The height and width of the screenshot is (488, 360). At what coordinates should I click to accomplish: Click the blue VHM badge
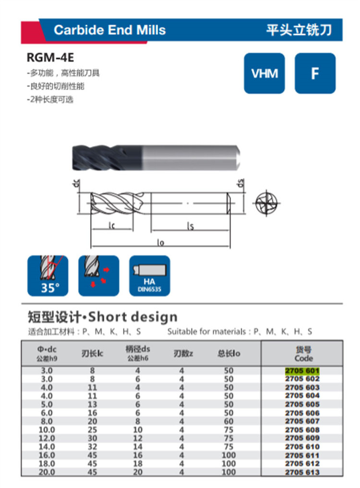pyautogui.click(x=264, y=73)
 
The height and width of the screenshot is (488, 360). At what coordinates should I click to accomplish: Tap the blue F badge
pyautogui.click(x=315, y=73)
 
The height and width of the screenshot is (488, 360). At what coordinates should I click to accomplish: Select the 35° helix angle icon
pyautogui.click(x=48, y=276)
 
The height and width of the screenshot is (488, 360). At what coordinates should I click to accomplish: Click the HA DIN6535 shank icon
pyautogui.click(x=149, y=276)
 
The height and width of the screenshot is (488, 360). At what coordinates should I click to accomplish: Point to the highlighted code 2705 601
pyautogui.click(x=302, y=370)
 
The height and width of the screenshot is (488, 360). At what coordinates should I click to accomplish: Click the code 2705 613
pyautogui.click(x=302, y=472)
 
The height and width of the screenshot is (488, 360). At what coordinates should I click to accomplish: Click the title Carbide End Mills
pyautogui.click(x=109, y=30)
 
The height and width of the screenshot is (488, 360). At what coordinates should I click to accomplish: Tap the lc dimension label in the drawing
pyautogui.click(x=112, y=225)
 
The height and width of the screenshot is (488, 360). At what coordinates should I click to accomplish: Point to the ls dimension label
pyautogui.click(x=190, y=226)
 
